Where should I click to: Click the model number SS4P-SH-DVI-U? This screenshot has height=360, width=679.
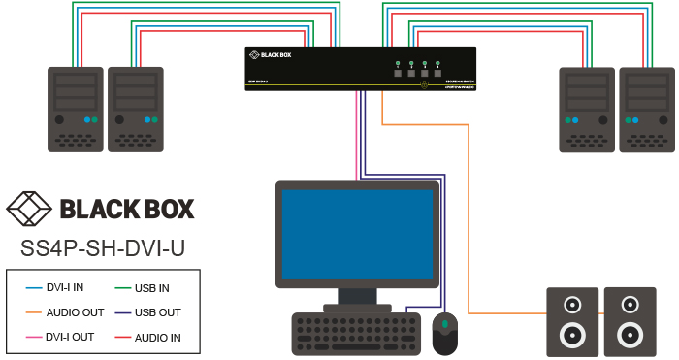102,248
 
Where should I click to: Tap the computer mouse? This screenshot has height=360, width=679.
444,333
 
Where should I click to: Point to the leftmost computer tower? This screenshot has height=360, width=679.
76,109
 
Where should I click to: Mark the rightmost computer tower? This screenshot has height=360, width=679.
646,109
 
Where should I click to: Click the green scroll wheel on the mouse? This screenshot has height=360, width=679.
444,322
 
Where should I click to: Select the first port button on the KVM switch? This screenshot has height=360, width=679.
398,71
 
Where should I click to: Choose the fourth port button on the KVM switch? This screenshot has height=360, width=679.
437,71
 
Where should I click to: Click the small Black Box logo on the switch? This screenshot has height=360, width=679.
269,55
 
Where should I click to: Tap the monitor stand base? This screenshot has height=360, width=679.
356,307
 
